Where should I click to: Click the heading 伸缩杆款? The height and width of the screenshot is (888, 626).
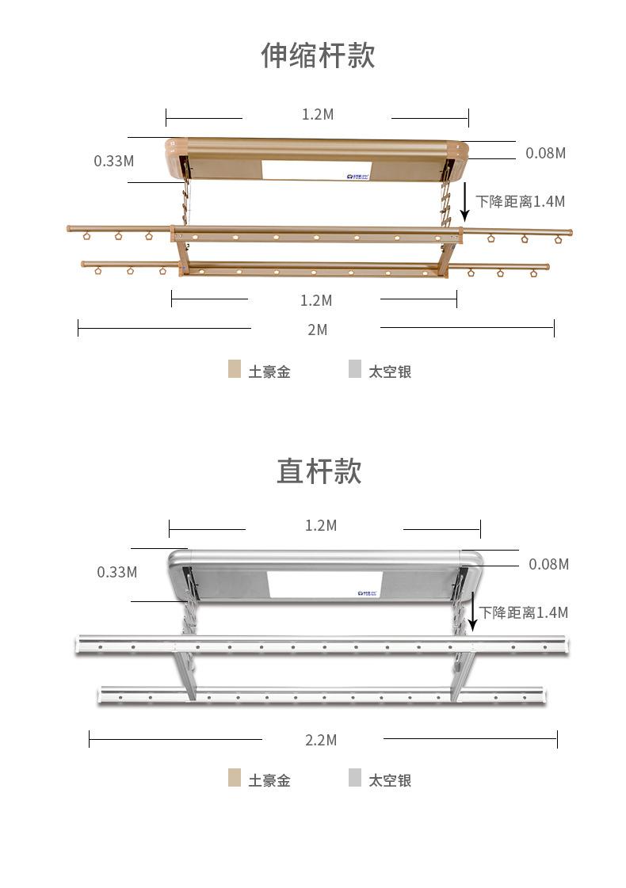click(318, 55)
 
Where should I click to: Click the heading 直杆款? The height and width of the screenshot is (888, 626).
click(319, 471)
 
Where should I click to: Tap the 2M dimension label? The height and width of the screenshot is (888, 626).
click(317, 330)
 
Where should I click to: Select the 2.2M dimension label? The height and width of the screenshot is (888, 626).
click(321, 740)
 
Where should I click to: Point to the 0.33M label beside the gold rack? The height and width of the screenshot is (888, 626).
click(114, 161)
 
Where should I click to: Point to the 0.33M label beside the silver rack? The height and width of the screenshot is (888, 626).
click(117, 572)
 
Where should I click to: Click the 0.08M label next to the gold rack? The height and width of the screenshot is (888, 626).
click(546, 153)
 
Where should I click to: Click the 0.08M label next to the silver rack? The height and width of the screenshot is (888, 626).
click(549, 564)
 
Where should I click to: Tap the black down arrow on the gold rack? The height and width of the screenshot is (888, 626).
click(465, 204)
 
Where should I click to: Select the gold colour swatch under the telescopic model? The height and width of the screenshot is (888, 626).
click(235, 369)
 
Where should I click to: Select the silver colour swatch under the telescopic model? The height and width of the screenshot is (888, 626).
click(355, 369)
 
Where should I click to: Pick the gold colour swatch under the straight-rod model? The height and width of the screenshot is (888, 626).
click(235, 778)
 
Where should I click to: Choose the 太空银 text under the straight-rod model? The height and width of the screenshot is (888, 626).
click(390, 780)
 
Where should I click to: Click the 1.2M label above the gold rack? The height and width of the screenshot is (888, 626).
click(318, 114)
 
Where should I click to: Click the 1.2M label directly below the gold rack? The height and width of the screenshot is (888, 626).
click(316, 300)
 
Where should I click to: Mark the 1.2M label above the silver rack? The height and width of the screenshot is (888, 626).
click(321, 525)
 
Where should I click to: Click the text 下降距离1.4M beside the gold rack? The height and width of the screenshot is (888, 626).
click(521, 201)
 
